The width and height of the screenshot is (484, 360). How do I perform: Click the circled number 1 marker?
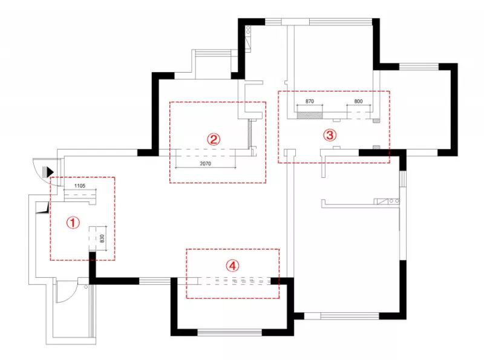click(x=73, y=222)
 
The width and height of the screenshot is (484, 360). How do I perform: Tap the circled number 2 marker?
click(x=214, y=139)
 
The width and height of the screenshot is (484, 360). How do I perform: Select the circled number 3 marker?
click(x=330, y=135)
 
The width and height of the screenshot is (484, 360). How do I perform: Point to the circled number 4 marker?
click(x=232, y=265)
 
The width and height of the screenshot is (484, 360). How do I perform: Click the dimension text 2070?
click(x=206, y=163)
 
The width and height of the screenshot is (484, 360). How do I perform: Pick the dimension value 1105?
click(x=80, y=186)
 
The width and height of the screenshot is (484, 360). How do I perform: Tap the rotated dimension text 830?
click(x=102, y=238)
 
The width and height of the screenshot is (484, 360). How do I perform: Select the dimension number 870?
click(x=310, y=101)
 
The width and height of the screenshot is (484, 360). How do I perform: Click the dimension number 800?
click(x=358, y=101)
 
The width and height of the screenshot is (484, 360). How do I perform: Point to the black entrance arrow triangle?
click(x=50, y=172)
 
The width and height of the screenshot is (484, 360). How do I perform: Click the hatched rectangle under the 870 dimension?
click(x=310, y=116)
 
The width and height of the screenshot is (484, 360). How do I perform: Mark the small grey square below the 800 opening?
click(x=376, y=121)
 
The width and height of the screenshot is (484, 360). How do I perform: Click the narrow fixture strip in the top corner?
click(x=248, y=39)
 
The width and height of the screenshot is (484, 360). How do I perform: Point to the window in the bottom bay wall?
click(x=230, y=332)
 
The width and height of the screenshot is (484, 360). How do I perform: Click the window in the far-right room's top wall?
click(x=419, y=67)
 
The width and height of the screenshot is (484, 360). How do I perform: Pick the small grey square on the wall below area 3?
click(x=376, y=147)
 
